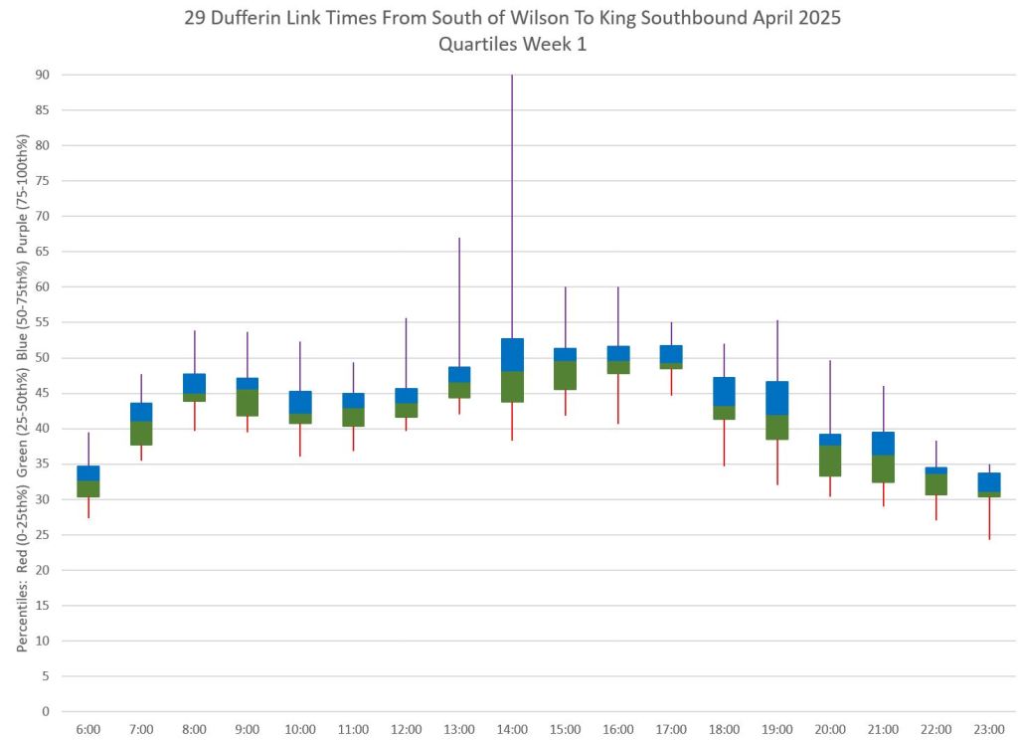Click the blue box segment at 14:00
tap(512, 355)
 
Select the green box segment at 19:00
tap(777, 427)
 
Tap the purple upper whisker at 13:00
tap(459, 302)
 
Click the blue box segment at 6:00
tap(88, 473)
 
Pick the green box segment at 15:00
tap(565, 375)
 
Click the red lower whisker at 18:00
tap(725, 443)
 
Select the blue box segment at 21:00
tap(883, 444)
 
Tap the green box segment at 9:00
tap(248, 403)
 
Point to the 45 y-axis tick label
tap(43, 394)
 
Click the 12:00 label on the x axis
tap(406, 729)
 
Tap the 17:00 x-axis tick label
tap(671, 729)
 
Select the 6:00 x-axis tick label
tap(88, 729)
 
